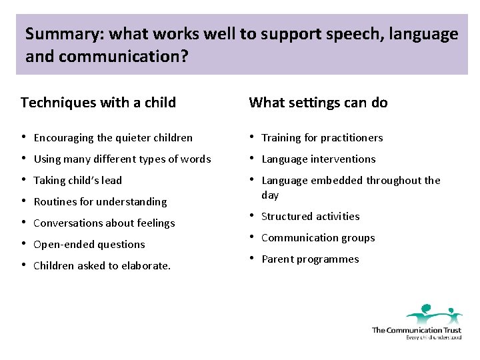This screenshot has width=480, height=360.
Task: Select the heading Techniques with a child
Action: click(x=98, y=103)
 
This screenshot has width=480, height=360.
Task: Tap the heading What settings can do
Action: click(x=318, y=103)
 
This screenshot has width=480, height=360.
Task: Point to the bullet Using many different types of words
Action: click(x=122, y=159)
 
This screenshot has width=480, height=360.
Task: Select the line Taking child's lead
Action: click(x=77, y=181)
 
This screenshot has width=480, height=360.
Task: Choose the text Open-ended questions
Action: click(x=89, y=245)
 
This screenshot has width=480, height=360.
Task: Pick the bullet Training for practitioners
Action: click(x=322, y=138)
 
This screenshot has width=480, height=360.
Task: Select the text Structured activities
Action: click(x=310, y=217)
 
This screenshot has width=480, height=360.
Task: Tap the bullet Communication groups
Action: click(x=318, y=238)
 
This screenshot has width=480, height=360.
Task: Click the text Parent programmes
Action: click(x=310, y=259)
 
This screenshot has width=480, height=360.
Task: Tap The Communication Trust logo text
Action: click(x=416, y=330)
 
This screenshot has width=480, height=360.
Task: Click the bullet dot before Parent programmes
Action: click(x=253, y=259)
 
